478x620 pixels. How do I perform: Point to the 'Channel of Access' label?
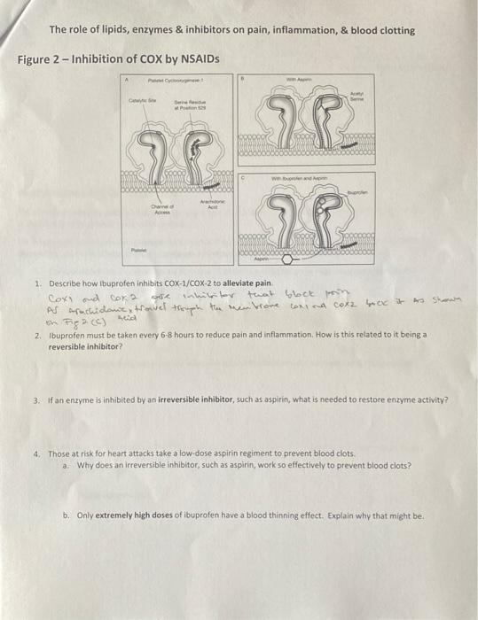[161, 210]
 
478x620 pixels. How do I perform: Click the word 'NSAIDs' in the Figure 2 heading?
[199, 59]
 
